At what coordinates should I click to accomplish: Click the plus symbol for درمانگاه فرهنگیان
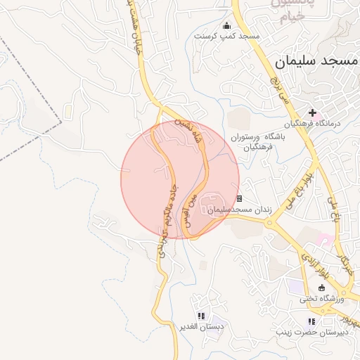tap(312, 112)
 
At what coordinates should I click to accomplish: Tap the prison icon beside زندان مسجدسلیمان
tap(240, 199)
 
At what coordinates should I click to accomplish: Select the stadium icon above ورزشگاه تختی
tap(323, 287)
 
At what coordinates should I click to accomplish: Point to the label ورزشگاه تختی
tap(321, 298)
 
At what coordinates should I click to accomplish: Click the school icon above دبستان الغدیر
tap(202, 316)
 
